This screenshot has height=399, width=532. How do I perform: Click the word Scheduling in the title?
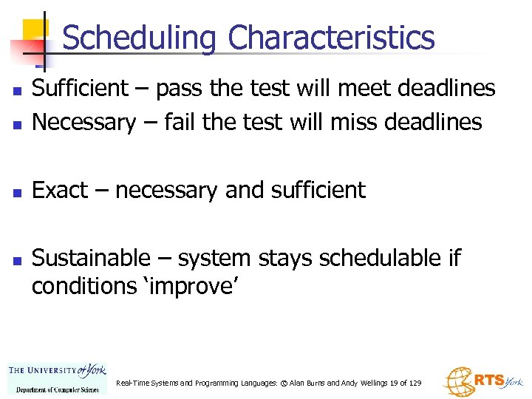[x=140, y=38]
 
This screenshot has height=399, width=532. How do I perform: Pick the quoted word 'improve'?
[x=194, y=287]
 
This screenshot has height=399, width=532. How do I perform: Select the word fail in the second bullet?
[x=180, y=122]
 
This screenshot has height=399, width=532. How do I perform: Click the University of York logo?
[x=57, y=378]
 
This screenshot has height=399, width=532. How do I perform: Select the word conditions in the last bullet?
[x=90, y=287]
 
